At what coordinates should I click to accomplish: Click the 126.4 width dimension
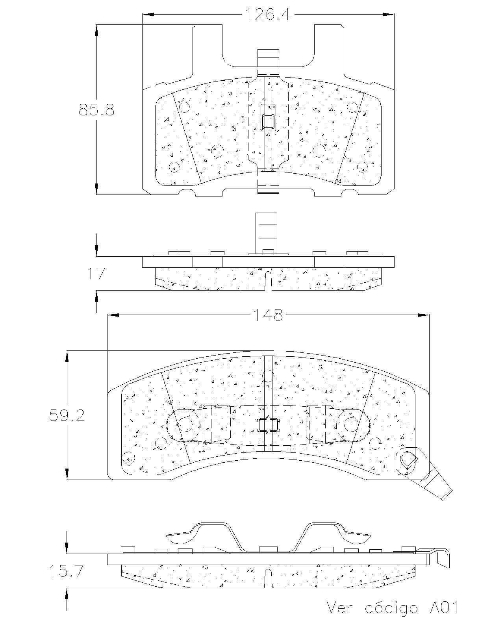(x=268, y=15)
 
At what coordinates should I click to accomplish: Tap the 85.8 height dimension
(x=96, y=109)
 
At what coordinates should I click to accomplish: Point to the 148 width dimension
(x=268, y=315)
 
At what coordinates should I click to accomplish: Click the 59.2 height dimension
(x=67, y=415)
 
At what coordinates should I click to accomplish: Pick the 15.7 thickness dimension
(x=66, y=571)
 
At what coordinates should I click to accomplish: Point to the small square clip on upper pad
(x=269, y=121)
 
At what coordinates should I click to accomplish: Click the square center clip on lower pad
(x=268, y=425)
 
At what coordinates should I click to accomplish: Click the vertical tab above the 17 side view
(x=267, y=232)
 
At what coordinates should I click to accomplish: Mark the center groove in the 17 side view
(x=268, y=280)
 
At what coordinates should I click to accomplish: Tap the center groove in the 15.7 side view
(x=268, y=578)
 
